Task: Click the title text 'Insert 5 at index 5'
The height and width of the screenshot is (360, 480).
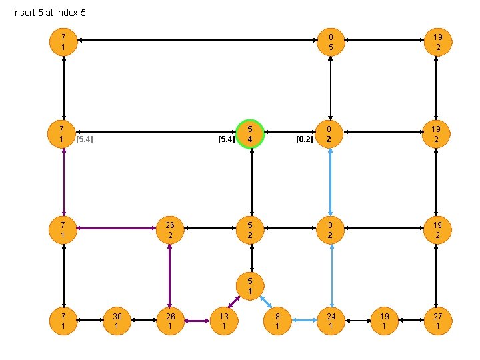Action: point(49,13)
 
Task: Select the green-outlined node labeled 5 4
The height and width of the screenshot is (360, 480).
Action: point(250,134)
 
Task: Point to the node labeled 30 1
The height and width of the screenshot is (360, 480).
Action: point(117,321)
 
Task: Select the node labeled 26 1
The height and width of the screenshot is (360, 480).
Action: point(170,321)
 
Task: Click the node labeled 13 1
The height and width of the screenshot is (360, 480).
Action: point(224,321)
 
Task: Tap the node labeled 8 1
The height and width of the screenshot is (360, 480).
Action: point(277,321)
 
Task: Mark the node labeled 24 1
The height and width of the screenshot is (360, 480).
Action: point(331,321)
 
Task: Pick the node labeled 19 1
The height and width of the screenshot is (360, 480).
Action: point(384,321)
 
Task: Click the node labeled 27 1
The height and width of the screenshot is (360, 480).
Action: point(437,321)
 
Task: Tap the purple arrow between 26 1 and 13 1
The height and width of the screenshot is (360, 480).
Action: point(197,321)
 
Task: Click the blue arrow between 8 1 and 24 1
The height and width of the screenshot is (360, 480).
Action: point(304,321)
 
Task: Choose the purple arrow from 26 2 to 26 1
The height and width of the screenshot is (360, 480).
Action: point(170,275)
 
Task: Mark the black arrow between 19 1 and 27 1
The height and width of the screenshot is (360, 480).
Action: point(411,321)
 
